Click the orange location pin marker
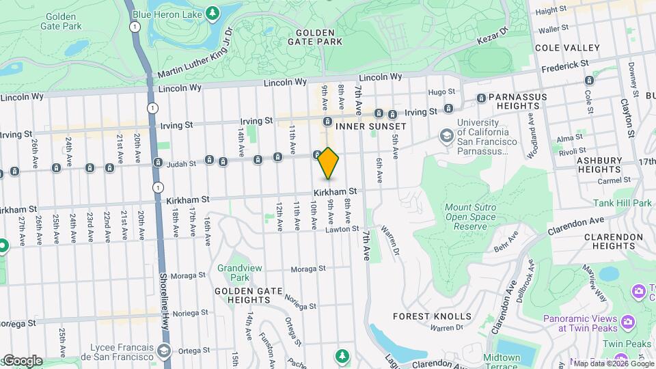[x=329, y=163]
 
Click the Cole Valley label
[x=567, y=48]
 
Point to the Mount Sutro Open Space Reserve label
[x=471, y=217]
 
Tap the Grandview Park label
[x=234, y=273]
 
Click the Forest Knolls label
[x=432, y=316]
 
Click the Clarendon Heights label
[x=614, y=241]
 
